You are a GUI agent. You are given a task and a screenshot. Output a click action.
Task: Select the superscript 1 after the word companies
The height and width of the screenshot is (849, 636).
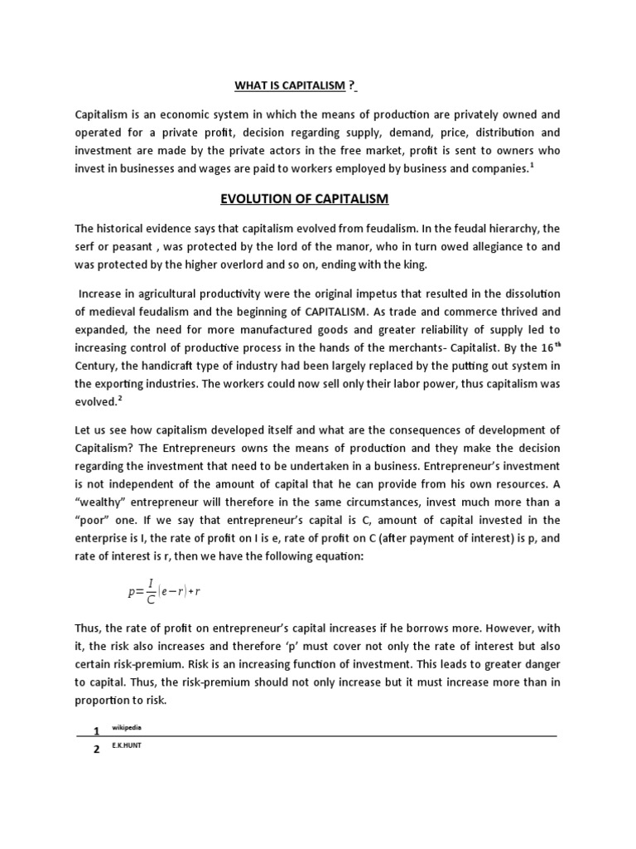tap(532, 165)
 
